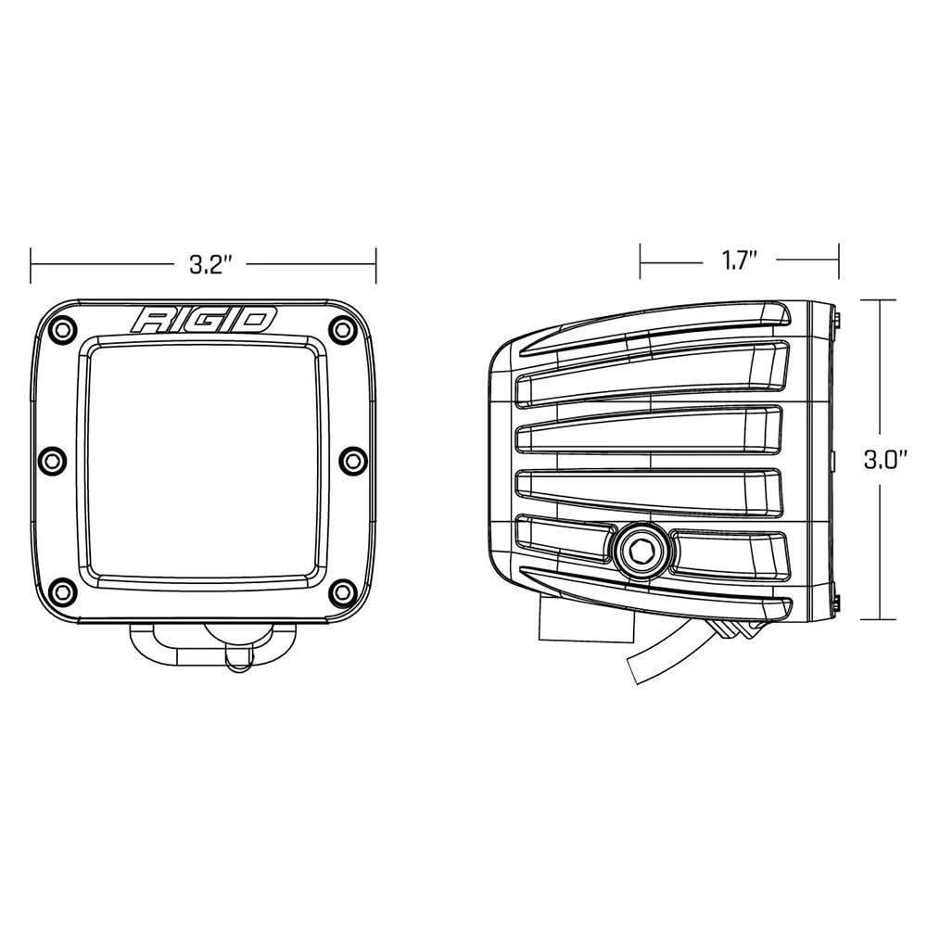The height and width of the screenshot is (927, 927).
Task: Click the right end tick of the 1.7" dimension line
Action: [x=840, y=261]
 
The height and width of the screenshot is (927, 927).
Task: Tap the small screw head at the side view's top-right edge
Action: [x=837, y=318]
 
